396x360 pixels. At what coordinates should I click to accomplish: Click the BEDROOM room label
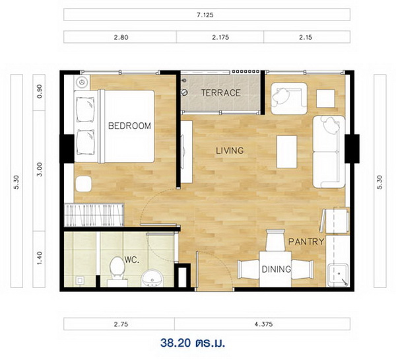tap(129, 126)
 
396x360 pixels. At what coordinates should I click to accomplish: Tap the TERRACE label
tap(220, 92)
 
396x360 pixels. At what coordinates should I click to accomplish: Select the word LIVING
tap(230, 151)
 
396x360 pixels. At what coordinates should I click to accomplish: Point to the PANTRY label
tap(306, 242)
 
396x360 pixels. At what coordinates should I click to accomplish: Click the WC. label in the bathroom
tap(132, 260)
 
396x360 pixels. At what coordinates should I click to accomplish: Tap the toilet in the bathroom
tap(117, 271)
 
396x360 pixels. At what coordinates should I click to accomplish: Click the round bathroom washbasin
tap(152, 277)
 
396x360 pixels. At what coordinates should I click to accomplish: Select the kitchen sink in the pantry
tap(338, 275)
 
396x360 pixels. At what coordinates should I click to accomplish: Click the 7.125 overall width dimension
tap(205, 15)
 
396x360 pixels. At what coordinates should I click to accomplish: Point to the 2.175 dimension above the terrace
tap(220, 37)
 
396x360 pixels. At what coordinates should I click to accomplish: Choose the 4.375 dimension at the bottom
tap(263, 324)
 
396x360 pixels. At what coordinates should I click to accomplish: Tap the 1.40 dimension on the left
tap(40, 258)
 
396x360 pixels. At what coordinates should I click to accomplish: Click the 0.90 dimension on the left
tap(40, 92)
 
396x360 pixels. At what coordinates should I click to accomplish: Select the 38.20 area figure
tap(176, 343)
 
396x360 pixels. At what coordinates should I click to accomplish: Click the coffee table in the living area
tap(286, 152)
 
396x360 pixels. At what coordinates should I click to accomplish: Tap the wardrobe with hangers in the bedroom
tap(94, 215)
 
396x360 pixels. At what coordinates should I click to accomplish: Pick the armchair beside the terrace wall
tap(289, 98)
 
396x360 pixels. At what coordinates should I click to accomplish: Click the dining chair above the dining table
tap(275, 240)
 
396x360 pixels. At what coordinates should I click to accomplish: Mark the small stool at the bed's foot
tap(84, 184)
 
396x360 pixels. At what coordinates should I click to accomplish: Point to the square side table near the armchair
tap(325, 98)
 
